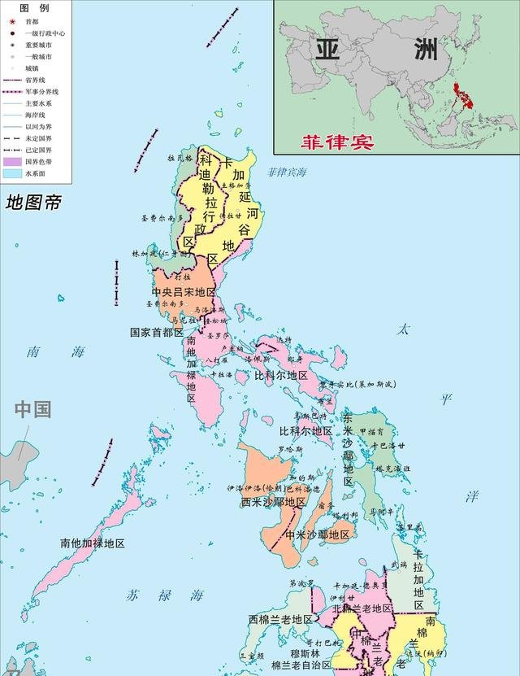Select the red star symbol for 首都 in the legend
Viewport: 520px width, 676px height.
tap(12, 21)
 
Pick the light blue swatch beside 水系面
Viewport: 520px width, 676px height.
tap(12, 173)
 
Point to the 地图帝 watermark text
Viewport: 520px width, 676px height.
tap(33, 203)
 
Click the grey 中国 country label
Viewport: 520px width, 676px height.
tap(32, 408)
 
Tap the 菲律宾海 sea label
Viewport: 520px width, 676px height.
tap(287, 172)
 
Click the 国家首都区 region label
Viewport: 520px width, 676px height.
tap(158, 332)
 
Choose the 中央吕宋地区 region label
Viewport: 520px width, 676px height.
tap(184, 291)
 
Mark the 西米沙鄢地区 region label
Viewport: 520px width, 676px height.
tap(273, 502)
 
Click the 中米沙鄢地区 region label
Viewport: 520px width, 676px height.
tap(317, 534)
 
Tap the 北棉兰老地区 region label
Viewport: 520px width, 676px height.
tap(362, 608)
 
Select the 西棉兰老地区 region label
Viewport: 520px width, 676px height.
tap(280, 619)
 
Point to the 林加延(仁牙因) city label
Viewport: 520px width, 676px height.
tap(160, 254)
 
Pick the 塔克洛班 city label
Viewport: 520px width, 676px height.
tap(392, 469)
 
